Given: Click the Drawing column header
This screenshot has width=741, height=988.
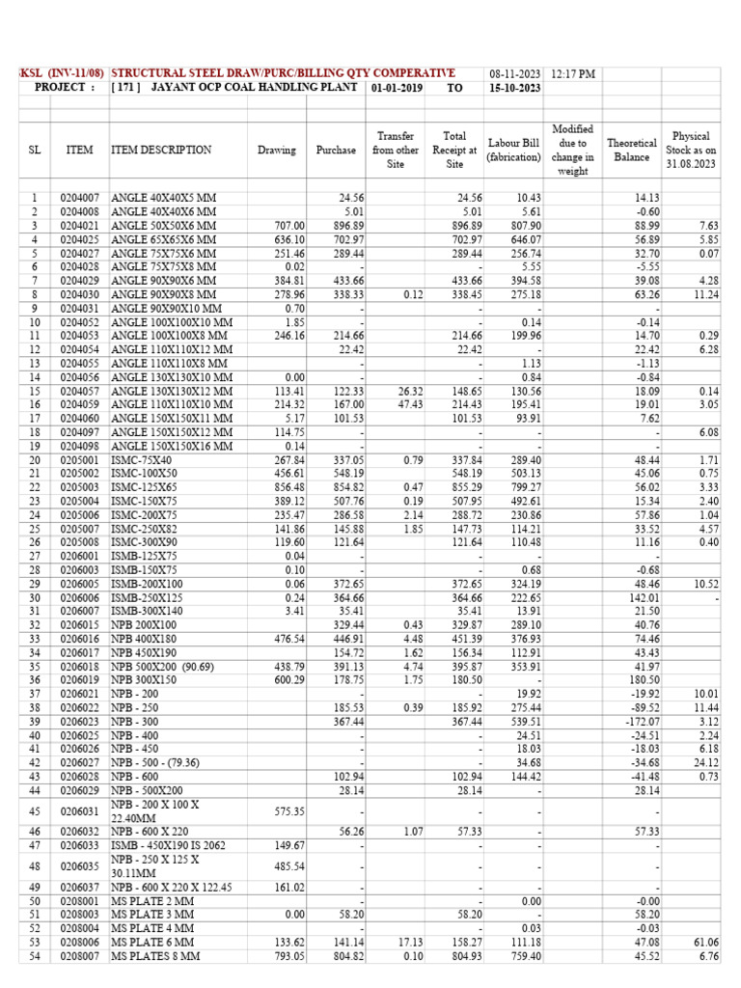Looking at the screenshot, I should point(277,151).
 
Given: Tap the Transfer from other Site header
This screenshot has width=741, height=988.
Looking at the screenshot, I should point(396,151).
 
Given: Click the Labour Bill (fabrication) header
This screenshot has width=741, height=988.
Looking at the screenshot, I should point(514,151).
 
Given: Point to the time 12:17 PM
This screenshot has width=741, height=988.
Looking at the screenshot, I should point(573,73).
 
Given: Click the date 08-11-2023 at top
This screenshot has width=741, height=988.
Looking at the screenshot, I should point(516,73).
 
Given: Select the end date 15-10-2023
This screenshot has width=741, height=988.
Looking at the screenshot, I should point(516,88).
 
